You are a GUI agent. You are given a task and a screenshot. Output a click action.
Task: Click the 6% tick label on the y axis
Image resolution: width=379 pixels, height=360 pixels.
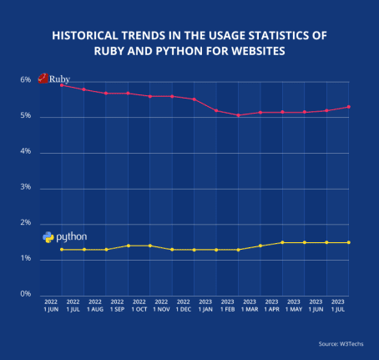pos(25,80)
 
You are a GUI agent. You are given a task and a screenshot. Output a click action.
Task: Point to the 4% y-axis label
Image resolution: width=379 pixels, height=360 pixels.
pos(25,152)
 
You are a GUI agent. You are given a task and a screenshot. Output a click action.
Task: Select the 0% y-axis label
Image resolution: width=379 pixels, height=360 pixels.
pos(25,294)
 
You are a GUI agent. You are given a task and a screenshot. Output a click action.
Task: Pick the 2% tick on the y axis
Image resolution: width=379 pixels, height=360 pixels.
pos(25,223)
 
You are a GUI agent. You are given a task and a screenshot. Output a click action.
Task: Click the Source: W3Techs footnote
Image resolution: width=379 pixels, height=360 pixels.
pos(339,343)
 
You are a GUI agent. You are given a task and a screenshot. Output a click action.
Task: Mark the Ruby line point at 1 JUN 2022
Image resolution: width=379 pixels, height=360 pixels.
pos(62,84)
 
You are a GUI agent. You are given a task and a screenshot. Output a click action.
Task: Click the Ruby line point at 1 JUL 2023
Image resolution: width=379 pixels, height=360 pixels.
pos(348,107)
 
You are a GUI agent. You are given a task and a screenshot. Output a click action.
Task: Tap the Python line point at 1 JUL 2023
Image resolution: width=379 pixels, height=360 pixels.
pos(348,242)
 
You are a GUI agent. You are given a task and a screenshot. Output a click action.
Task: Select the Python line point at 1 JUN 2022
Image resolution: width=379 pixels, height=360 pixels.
pos(62,250)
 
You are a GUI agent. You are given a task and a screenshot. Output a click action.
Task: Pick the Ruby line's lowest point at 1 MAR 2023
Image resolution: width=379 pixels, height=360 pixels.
pos(238,115)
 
